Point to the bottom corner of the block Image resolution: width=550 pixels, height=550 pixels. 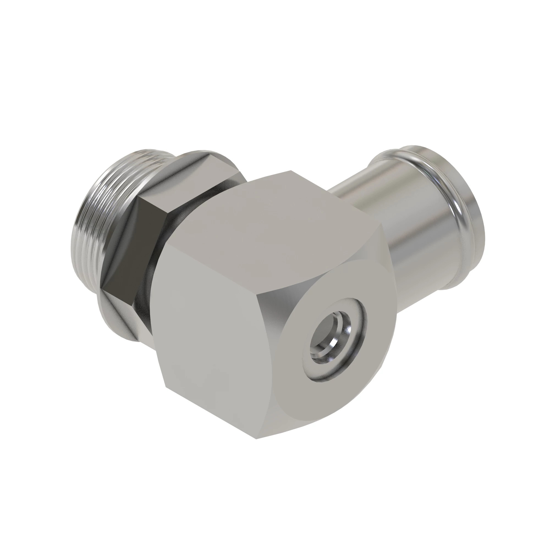(256, 438)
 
